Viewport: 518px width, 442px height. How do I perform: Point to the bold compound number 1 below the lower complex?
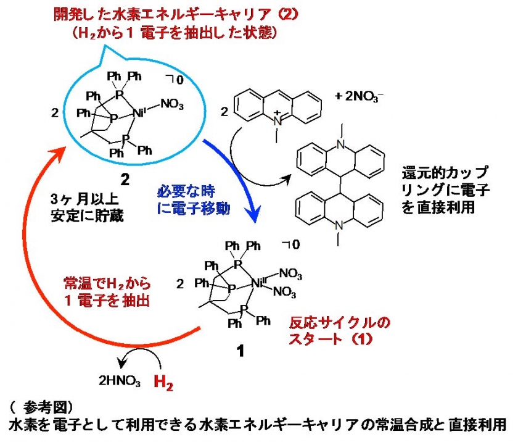pyautogui.click(x=240, y=351)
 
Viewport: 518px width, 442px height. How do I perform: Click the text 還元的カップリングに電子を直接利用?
pyautogui.click(x=446, y=190)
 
